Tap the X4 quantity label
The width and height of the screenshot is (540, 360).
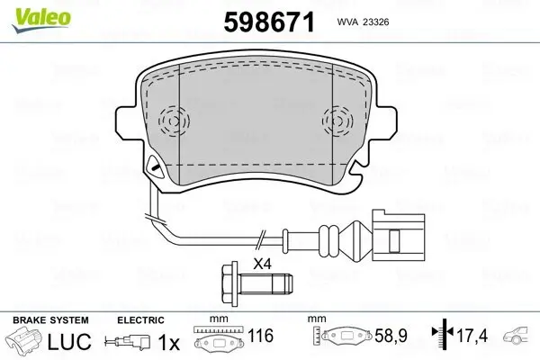tap(262, 264)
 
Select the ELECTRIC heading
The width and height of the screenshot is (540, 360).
tap(141, 320)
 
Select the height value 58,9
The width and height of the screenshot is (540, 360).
tap(391, 337)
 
